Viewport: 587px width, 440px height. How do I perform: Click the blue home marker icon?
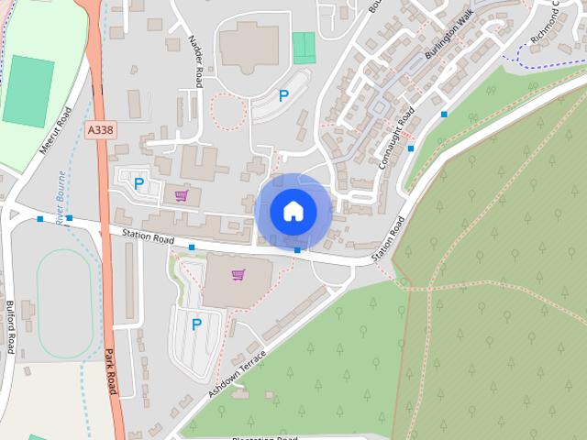tap(293, 211)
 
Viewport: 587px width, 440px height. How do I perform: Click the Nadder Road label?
tap(195, 62)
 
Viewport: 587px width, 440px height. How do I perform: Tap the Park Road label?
tap(111, 372)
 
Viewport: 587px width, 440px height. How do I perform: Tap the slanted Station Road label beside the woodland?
tap(387, 243)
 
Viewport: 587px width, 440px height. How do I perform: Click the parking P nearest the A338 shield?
tap(138, 183)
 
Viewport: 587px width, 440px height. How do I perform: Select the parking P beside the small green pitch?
tap(283, 95)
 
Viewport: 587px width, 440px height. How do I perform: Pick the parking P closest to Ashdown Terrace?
tap(196, 323)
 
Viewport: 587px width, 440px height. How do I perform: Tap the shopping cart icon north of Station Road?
tap(182, 195)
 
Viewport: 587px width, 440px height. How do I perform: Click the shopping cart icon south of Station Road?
tap(238, 274)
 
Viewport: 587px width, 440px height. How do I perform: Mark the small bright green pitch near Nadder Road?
tap(304, 48)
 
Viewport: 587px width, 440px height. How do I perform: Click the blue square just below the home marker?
tap(297, 249)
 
